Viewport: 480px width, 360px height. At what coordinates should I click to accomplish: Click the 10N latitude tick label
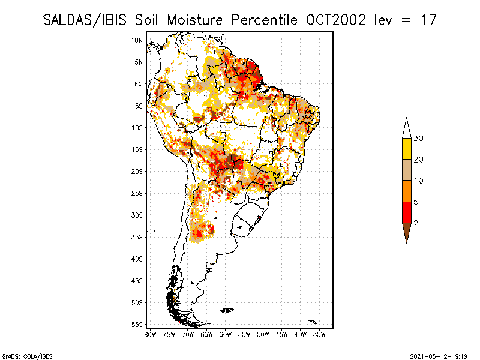(x=137, y=40)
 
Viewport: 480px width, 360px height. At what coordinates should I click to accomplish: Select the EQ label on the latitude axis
(x=138, y=84)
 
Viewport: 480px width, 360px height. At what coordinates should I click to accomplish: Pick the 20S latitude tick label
(x=137, y=171)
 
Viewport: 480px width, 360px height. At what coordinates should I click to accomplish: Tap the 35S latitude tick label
(x=137, y=237)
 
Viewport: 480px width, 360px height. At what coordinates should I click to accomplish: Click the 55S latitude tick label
(x=137, y=325)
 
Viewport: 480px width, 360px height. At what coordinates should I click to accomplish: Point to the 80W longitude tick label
(x=150, y=334)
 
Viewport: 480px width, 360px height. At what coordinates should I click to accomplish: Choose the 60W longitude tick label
(x=226, y=334)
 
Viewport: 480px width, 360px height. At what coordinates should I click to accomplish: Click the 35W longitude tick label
(x=320, y=334)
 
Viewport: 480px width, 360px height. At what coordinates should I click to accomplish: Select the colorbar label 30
(x=419, y=139)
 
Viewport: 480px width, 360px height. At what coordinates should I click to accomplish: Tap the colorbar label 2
(x=416, y=223)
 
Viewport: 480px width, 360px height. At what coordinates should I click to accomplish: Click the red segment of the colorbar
(x=406, y=212)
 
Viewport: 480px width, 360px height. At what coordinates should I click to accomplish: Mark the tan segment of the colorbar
(x=406, y=170)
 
